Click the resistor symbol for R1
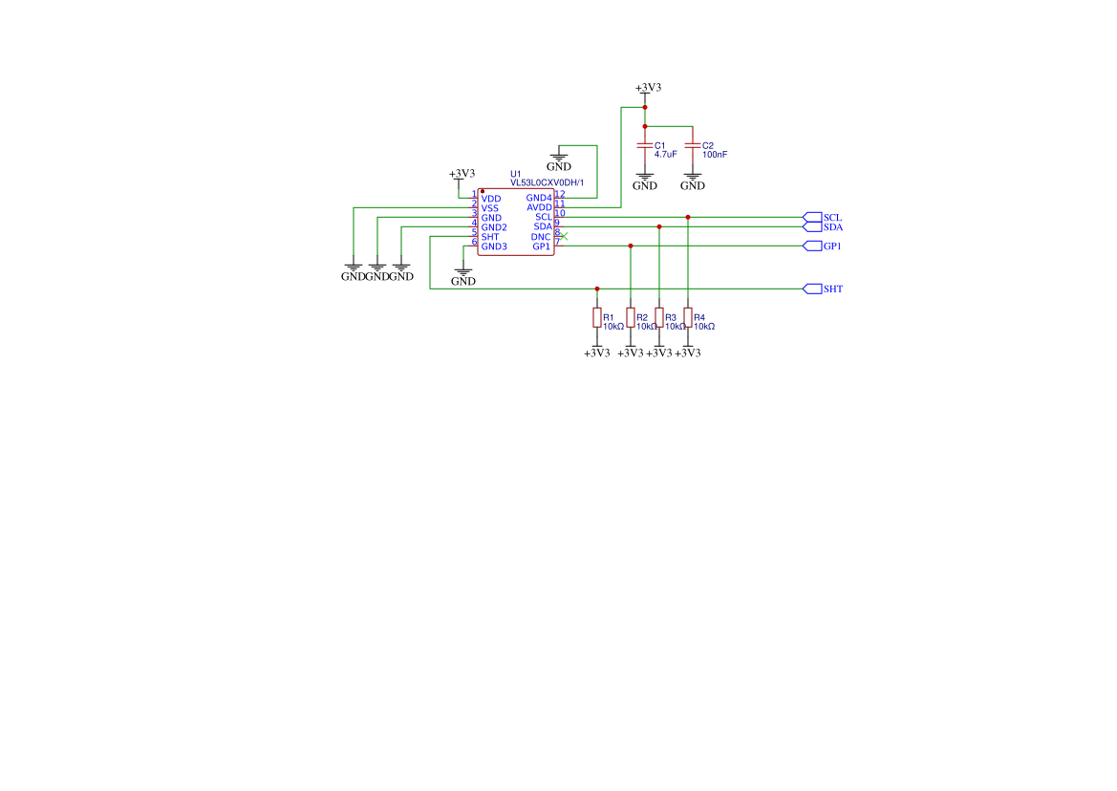(597, 318)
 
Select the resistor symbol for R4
(688, 318)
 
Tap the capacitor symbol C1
(645, 145)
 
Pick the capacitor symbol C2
(693, 145)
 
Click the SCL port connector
(812, 218)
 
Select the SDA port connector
(812, 227)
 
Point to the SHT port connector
(812, 289)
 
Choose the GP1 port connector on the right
(812, 246)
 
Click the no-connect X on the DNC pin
(564, 236)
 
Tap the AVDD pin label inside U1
(539, 208)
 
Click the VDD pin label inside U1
(491, 199)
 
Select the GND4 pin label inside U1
(539, 199)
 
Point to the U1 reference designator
(516, 174)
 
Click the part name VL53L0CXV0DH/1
(547, 182)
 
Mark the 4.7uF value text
(666, 154)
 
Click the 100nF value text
(715, 154)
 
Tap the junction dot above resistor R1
(597, 289)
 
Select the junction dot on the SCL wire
(688, 218)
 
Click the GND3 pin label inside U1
(494, 246)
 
